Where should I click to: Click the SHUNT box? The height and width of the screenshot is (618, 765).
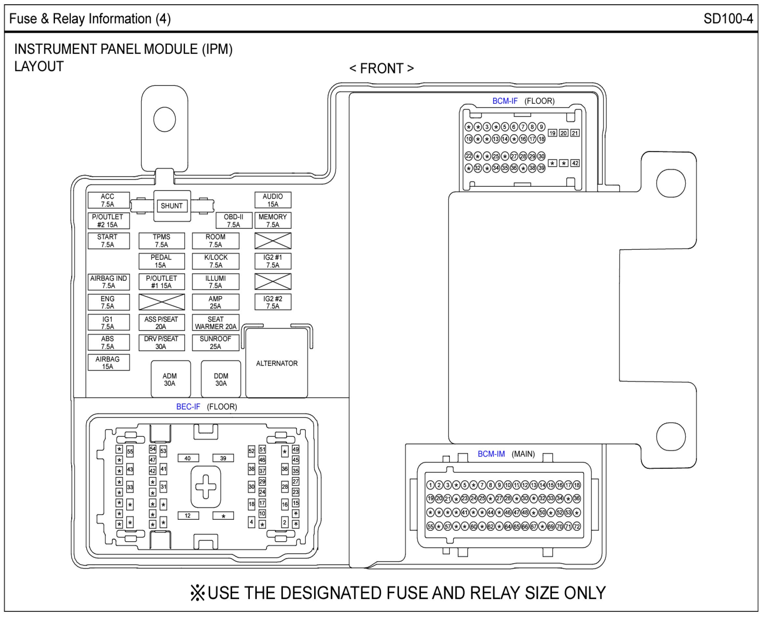tap(172, 206)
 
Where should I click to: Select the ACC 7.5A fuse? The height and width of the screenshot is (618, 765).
tap(109, 200)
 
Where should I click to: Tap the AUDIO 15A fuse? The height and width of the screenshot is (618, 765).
tap(273, 200)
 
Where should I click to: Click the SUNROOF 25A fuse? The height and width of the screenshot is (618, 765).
tap(215, 343)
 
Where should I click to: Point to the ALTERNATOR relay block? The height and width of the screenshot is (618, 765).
tap(276, 363)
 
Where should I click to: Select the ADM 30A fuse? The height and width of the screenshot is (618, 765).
tap(170, 379)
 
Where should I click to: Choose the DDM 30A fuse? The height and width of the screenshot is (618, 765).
tap(221, 379)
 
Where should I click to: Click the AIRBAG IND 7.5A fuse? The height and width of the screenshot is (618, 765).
tap(109, 282)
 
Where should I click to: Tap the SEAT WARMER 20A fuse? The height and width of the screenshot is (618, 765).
tap(215, 323)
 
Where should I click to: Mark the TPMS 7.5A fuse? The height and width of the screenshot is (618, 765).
tap(162, 241)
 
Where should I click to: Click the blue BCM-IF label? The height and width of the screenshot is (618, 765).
tap(505, 101)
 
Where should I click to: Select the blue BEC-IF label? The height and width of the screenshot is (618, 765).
tap(188, 407)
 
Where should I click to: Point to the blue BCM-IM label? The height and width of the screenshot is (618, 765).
tap(491, 454)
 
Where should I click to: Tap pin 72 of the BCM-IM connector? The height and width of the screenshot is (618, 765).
tap(577, 527)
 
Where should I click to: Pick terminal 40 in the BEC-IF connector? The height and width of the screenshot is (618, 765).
tap(188, 458)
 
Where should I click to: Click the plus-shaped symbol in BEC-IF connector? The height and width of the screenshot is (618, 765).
tap(206, 486)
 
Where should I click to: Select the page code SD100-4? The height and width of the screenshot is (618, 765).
tap(728, 19)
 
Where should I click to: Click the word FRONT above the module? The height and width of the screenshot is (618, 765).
tap(381, 68)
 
